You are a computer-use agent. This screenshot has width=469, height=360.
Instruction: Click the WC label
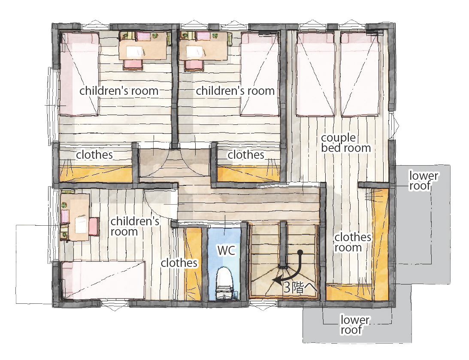click(227, 250)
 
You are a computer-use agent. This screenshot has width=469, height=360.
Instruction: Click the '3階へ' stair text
click(300, 287)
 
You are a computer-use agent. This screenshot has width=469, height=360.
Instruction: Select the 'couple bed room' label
click(346, 143)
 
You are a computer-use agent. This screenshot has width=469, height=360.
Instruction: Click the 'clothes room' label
click(353, 242)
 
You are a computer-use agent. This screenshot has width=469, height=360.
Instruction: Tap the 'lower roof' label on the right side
click(423, 181)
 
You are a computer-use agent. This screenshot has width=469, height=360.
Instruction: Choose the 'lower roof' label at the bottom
click(355, 325)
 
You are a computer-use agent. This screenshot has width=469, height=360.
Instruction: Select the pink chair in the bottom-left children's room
click(94, 227)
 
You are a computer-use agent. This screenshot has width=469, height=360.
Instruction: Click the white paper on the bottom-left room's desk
click(81, 225)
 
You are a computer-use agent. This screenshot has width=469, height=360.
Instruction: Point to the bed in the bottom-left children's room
click(103, 280)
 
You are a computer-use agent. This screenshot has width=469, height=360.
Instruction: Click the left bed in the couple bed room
click(315, 74)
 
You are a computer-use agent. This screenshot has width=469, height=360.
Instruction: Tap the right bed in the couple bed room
click(360, 74)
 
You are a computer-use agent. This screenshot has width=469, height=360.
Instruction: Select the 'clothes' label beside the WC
click(179, 263)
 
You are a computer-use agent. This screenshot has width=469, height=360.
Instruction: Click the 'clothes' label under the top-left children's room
click(94, 154)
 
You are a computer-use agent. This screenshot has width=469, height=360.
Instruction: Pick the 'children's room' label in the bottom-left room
click(135, 227)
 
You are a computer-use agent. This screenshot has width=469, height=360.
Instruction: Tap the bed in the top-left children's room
click(79, 74)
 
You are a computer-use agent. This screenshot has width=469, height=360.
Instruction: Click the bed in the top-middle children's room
click(260, 74)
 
